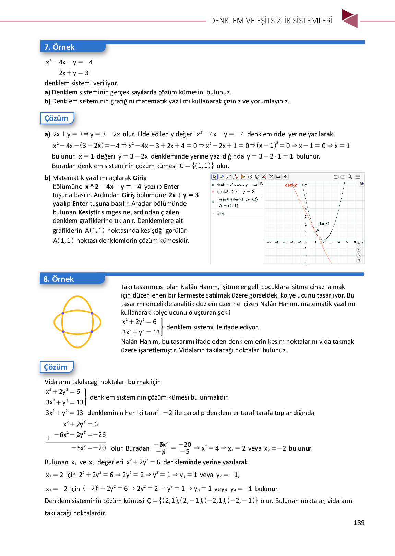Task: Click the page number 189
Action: click(x=359, y=522)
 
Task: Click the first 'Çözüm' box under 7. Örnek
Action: click(x=57, y=118)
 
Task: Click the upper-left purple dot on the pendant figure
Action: click(x=63, y=313)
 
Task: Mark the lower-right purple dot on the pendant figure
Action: click(x=92, y=331)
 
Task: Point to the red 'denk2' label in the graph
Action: click(x=291, y=185)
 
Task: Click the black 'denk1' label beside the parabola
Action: click(x=324, y=224)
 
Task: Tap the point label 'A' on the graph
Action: click(x=318, y=230)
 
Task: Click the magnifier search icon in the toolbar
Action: click(x=350, y=177)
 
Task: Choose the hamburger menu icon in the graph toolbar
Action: click(x=358, y=177)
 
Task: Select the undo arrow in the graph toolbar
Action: click(x=336, y=177)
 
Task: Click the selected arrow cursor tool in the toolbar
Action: click(x=215, y=177)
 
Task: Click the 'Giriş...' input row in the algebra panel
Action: click(x=222, y=213)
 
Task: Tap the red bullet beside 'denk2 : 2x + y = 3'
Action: click(x=213, y=192)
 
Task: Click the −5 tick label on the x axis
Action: click(x=268, y=242)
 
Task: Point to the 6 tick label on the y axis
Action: click(x=306, y=193)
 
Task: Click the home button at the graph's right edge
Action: click(x=359, y=244)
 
